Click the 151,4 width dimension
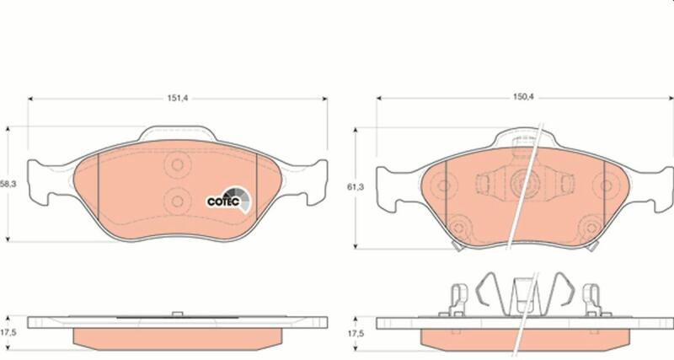[x=178, y=99]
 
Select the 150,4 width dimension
[x=523, y=98]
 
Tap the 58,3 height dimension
[x=8, y=184]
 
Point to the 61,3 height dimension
[x=356, y=187]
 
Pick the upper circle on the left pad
[x=177, y=164]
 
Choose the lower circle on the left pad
[x=177, y=201]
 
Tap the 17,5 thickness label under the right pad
[x=356, y=333]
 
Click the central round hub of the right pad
[x=524, y=183]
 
